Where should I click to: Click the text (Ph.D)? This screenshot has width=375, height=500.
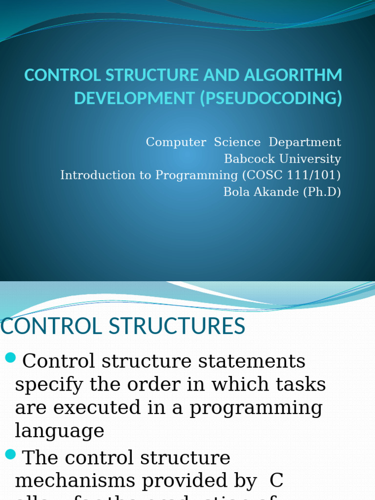coord(322,192)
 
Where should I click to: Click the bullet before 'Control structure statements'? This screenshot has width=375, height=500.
coord(11,358)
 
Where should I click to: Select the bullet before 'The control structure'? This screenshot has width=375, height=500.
coord(11,455)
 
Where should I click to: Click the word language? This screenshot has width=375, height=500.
coord(60,431)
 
